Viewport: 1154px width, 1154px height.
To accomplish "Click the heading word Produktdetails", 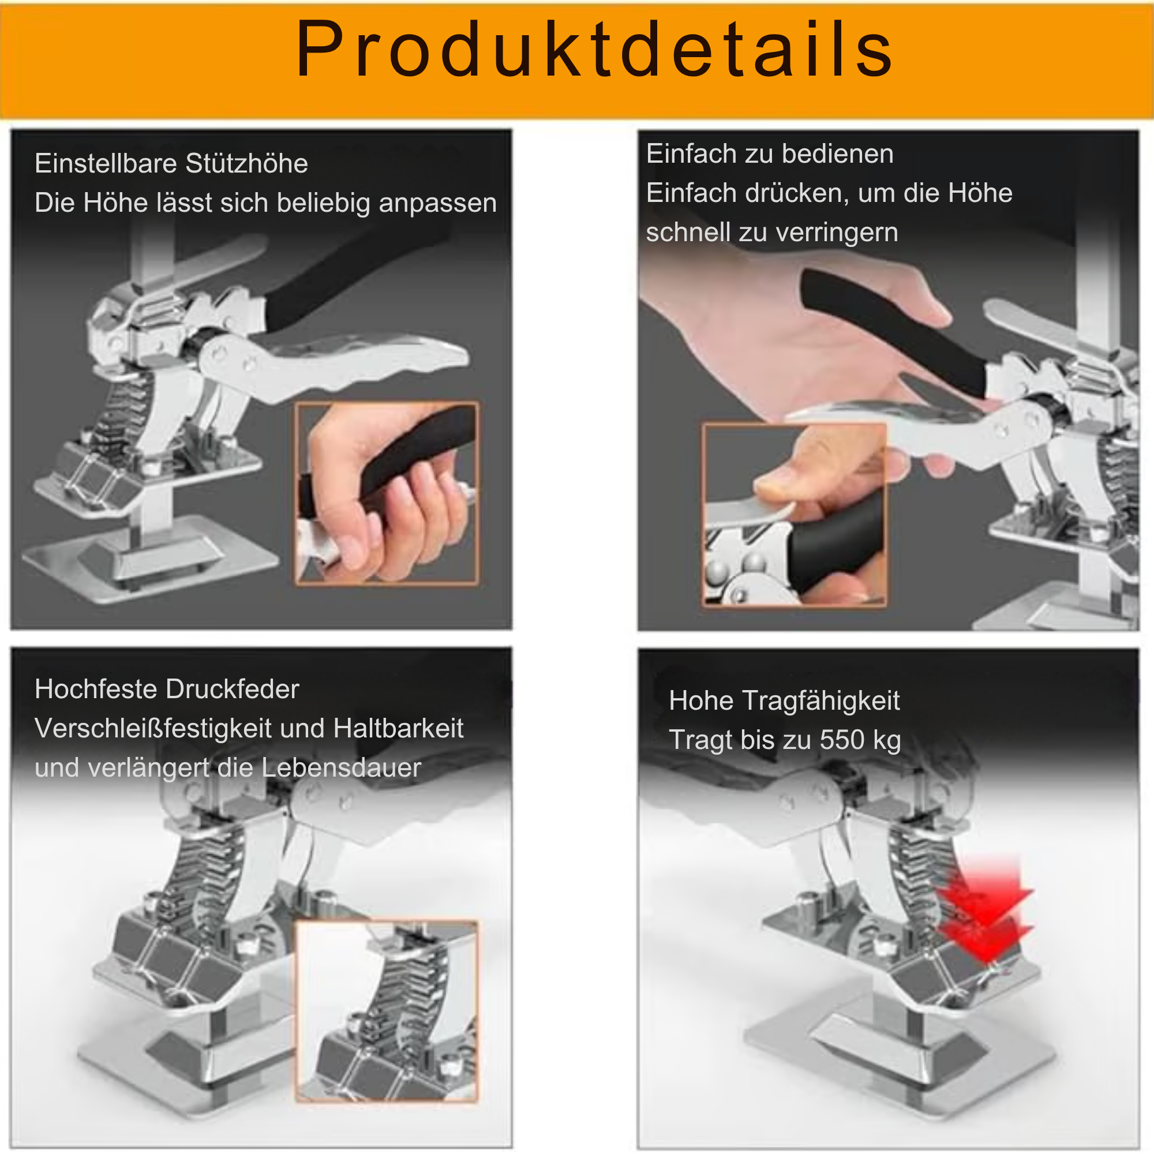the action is [594, 49].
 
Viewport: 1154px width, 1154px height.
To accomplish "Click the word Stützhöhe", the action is [246, 163].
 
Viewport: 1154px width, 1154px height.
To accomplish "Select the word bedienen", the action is [837, 153].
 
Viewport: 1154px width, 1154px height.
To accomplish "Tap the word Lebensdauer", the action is [342, 768].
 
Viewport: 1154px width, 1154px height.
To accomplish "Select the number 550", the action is [842, 740].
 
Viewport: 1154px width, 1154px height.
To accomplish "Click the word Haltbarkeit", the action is [398, 729].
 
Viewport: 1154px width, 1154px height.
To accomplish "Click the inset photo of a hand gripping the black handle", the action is [387, 493].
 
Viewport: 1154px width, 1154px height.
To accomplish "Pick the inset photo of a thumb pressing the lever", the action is [795, 515].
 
